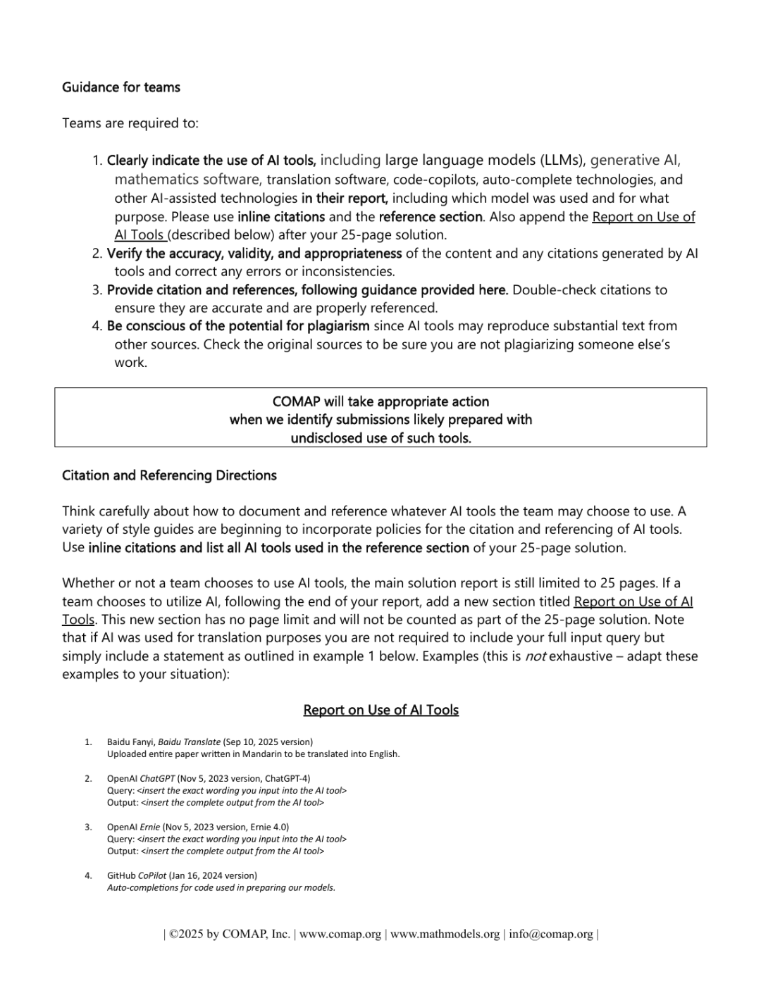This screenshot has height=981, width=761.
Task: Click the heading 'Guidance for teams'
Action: [121, 87]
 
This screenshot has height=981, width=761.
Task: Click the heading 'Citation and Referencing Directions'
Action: [169, 475]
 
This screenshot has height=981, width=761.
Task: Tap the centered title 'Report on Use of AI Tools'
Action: [380, 710]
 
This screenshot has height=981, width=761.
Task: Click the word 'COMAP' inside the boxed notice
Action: [296, 401]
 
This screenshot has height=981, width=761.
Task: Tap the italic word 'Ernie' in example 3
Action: [150, 827]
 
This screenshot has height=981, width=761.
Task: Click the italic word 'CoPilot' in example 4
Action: [152, 875]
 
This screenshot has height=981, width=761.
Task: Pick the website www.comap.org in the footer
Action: [340, 934]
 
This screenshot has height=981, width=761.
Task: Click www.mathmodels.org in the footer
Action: [445, 934]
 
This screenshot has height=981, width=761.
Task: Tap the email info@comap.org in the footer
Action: [551, 934]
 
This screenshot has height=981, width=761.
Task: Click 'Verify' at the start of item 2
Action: [124, 254]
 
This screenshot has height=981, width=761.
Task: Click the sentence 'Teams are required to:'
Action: [130, 123]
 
